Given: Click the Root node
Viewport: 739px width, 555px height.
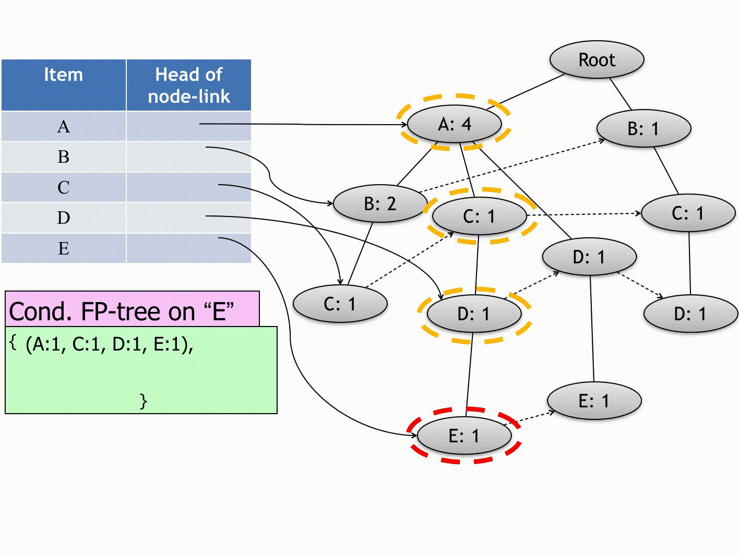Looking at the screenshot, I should point(597,60).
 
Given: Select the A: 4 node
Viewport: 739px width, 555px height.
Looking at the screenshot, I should point(454,124).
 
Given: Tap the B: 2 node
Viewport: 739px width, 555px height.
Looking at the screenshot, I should point(379,203).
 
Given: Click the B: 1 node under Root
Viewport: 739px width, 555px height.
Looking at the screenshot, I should point(643,128).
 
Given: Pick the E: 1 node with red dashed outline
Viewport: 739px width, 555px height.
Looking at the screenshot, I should point(463,436).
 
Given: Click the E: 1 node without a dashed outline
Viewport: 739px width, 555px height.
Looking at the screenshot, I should point(594,401).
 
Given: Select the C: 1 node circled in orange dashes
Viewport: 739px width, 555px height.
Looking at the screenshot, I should point(479,216).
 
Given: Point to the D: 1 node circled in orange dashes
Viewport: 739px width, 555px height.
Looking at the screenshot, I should point(473,313).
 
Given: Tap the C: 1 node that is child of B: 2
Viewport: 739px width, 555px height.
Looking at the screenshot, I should point(340,304).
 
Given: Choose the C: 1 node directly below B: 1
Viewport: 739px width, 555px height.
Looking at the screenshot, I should point(687,213).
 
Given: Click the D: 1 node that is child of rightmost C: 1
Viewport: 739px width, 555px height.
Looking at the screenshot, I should point(690,313).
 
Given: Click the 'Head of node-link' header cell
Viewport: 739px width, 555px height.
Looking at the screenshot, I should point(188,85).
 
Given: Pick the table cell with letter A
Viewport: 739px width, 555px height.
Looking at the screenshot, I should point(63,127).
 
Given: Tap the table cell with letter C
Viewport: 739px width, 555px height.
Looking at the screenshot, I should point(63,187).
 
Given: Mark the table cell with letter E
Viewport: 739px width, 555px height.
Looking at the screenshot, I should point(63,248).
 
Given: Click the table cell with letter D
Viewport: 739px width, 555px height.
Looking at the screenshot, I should point(63,218).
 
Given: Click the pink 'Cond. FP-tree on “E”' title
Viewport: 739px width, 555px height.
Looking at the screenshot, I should point(122,311).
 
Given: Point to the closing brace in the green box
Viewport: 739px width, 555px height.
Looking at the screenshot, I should point(144,401).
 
